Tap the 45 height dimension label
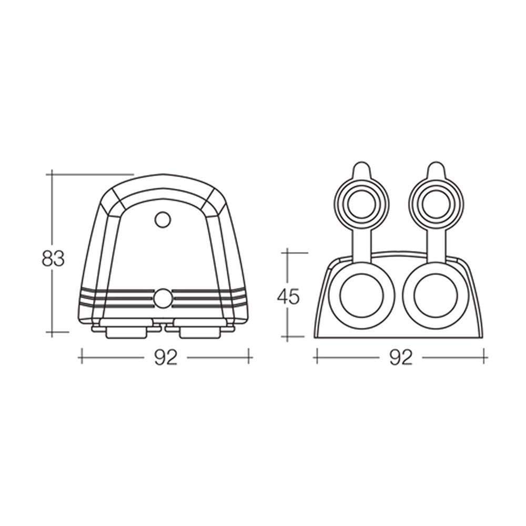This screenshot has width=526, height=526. (288, 297)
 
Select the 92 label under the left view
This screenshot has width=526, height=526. (166, 358)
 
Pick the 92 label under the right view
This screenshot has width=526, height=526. (401, 358)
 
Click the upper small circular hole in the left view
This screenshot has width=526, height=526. (163, 219)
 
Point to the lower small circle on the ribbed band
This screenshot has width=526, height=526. (163, 298)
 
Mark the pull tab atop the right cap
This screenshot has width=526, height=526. (436, 170)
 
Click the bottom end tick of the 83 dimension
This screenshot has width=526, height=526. (53, 332)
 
